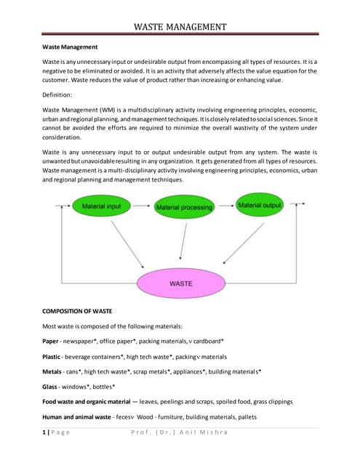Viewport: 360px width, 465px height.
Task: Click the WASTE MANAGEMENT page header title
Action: (x=180, y=28)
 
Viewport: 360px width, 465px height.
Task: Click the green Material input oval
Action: (x=102, y=206)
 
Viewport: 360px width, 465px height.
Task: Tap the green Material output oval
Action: (x=260, y=206)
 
